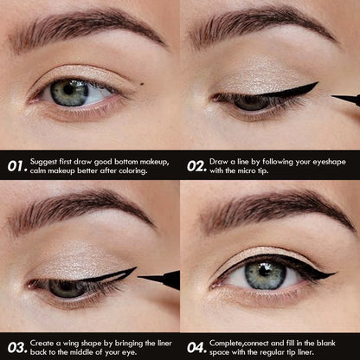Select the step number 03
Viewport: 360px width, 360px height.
coord(16,347)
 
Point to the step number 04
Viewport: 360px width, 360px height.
coord(197,347)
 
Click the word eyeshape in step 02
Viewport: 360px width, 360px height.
coord(327,161)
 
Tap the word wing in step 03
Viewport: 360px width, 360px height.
coord(73,343)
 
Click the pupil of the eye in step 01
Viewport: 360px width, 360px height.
coord(69,93)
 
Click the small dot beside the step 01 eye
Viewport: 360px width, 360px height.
coord(139,84)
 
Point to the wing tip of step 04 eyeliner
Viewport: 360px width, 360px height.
coord(334,276)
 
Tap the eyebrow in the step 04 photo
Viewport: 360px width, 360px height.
coord(268,208)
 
